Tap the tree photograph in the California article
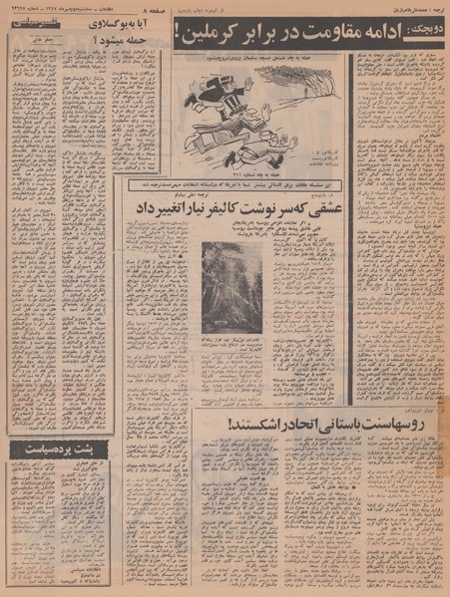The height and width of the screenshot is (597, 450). pos(231,288)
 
